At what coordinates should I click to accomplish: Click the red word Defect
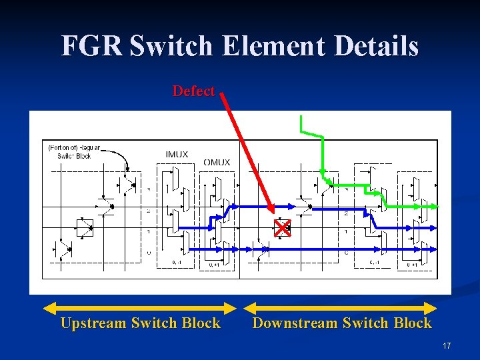pyautogui.click(x=193, y=91)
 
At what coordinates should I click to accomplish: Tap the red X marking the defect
pyautogui.click(x=283, y=229)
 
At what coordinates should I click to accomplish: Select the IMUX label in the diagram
pyautogui.click(x=177, y=155)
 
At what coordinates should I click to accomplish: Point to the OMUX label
pyautogui.click(x=217, y=162)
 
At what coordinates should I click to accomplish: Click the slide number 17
pyautogui.click(x=446, y=346)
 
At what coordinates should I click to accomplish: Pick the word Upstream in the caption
pyautogui.click(x=93, y=323)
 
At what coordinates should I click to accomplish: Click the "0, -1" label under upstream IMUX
pyautogui.click(x=176, y=262)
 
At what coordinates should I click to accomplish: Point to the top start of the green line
pyautogui.click(x=301, y=118)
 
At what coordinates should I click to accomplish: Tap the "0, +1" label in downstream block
pyautogui.click(x=413, y=265)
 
